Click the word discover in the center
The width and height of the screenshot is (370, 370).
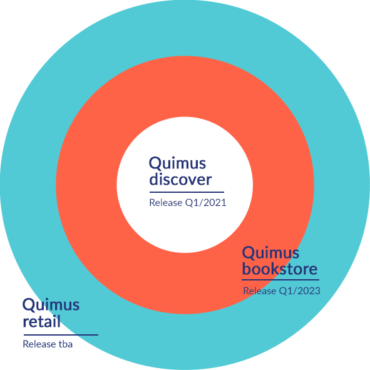pos(180,179)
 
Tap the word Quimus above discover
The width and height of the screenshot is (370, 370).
pos(177,163)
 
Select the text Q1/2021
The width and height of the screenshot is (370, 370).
pos(206,203)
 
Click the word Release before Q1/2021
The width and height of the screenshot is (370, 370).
pos(166,203)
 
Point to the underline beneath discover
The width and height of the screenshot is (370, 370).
pos(187,192)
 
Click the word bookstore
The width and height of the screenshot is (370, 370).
pos(280,269)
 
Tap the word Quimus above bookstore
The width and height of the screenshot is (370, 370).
pos(270,253)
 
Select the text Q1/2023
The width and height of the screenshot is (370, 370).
pos(300,291)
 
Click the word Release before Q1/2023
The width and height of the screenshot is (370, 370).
pos(260,291)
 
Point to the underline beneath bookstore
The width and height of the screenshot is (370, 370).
pos(280,280)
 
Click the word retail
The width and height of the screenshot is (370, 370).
pos(41,321)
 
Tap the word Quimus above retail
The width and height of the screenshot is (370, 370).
pos(51,305)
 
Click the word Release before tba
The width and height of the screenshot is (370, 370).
pos(39,344)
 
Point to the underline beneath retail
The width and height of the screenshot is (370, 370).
pos(61,334)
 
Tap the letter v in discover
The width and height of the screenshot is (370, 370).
pos(189,181)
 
